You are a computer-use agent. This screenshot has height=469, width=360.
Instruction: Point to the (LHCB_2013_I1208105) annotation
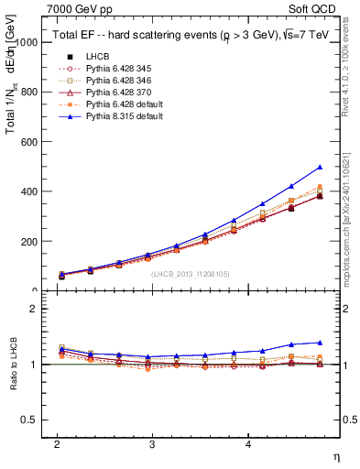coord(191,273)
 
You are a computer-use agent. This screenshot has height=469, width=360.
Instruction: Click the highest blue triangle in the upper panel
coord(320,168)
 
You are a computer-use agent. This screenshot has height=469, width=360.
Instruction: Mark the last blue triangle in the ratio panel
coord(320,343)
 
